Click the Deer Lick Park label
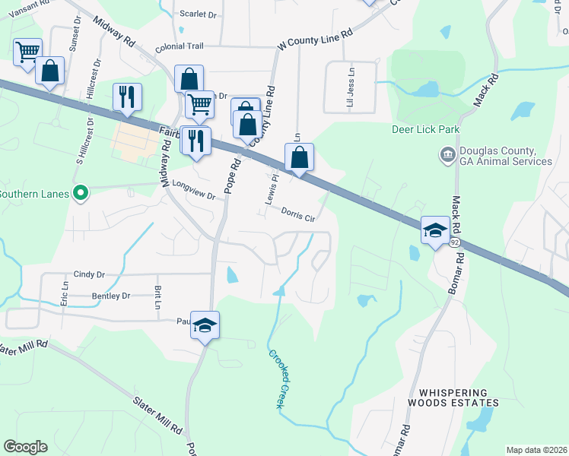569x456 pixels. (425, 129)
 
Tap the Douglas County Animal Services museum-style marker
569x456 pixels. (447, 156)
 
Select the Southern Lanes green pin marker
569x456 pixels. (78, 193)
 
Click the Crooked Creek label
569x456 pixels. (275, 378)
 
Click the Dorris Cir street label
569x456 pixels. (298, 215)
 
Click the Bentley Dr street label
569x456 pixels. (111, 296)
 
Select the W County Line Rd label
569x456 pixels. (316, 36)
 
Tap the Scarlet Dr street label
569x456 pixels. (199, 14)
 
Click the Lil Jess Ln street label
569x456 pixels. (351, 96)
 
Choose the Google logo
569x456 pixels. (25, 447)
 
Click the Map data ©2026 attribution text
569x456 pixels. (536, 450)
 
